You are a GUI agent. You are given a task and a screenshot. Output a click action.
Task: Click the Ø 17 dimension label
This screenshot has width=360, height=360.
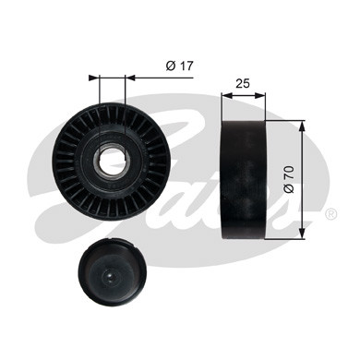pyautogui.click(x=180, y=66)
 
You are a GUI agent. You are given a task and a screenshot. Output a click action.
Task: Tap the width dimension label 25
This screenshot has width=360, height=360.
pyautogui.click(x=243, y=83)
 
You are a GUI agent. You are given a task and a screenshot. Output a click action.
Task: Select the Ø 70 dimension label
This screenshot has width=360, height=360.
pyautogui.click(x=290, y=180)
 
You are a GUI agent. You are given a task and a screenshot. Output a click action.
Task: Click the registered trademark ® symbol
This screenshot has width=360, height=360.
pyautogui.click(x=331, y=214)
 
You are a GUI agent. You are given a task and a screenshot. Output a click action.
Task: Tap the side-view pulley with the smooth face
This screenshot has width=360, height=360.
pyautogui.click(x=244, y=179)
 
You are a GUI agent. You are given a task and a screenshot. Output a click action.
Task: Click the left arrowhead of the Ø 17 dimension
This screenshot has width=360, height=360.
pyautogui.click(x=94, y=78)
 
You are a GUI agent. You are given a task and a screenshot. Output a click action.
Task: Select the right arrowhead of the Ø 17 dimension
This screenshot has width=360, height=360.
pyautogui.click(x=130, y=78)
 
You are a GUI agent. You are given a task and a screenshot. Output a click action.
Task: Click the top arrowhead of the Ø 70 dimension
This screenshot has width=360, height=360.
pyautogui.click(x=303, y=126)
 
